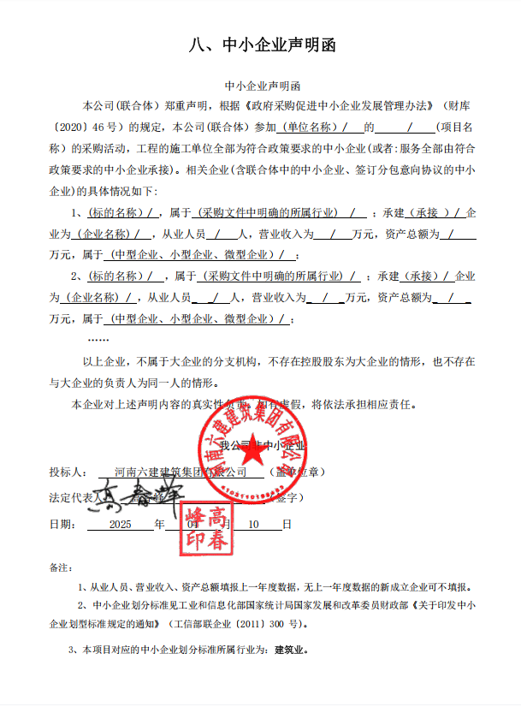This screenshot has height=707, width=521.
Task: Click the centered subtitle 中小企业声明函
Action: coord(261,86)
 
